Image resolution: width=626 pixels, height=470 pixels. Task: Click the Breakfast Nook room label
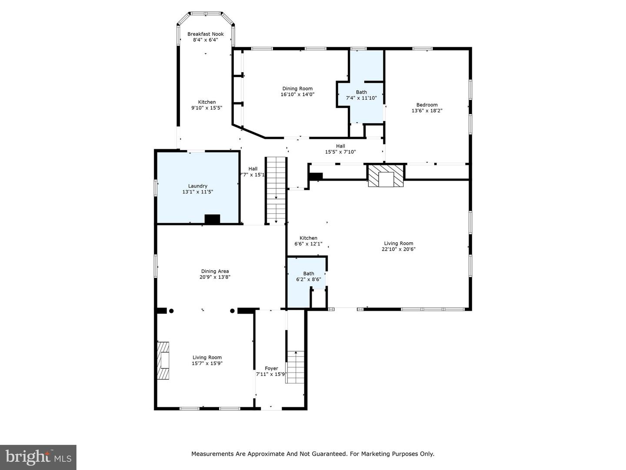(x=205, y=34)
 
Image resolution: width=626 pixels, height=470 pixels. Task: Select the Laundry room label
(x=198, y=186)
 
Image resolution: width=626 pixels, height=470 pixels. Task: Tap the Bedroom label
(x=426, y=104)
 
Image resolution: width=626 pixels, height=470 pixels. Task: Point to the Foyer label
(x=271, y=368)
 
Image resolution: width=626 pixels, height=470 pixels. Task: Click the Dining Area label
(x=215, y=271)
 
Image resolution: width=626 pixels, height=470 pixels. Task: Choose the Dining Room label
(x=297, y=88)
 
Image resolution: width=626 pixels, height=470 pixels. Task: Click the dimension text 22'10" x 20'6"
(x=398, y=249)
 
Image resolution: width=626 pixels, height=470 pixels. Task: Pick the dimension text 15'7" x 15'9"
(x=207, y=363)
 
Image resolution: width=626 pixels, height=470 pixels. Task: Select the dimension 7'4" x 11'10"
(x=361, y=98)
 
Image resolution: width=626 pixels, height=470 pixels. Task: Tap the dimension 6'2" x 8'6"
(x=308, y=279)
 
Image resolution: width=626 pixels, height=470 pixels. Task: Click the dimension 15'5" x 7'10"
(x=340, y=152)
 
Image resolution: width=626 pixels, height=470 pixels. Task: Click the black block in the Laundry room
(x=212, y=219)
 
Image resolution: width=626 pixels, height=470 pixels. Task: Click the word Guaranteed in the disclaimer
(x=328, y=454)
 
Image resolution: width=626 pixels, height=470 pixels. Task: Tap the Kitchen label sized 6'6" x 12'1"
(x=308, y=238)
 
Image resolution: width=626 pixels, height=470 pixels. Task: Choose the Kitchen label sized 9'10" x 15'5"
(x=206, y=102)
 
